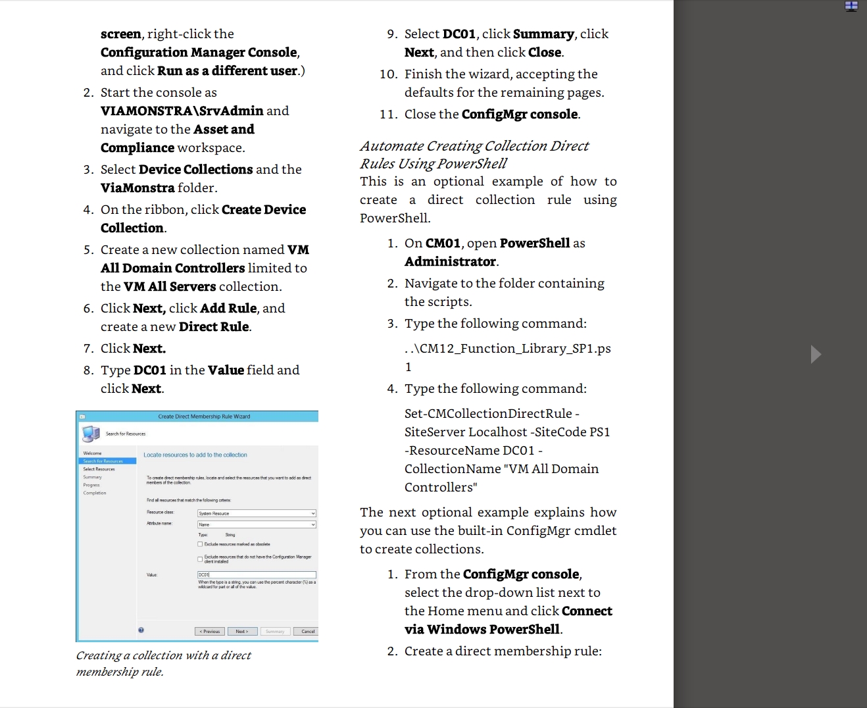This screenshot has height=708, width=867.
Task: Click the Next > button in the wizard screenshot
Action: point(242,632)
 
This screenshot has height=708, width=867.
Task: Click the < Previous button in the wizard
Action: point(210,632)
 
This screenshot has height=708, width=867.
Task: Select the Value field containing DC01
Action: point(257,575)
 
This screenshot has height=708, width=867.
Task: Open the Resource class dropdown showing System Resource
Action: point(257,513)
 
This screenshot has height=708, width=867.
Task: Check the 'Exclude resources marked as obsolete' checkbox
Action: point(200,544)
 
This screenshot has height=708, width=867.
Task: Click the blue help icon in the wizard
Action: point(141,630)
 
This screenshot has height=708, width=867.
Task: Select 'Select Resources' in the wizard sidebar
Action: point(99,469)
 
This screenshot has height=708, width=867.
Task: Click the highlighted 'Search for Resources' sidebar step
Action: point(103,461)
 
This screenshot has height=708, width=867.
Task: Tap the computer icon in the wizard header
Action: point(90,433)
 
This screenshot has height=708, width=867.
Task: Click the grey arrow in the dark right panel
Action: point(816,354)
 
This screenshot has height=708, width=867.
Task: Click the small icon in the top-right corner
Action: point(851,6)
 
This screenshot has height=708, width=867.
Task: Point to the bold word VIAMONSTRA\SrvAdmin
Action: point(182,111)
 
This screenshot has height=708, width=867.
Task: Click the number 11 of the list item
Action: point(388,114)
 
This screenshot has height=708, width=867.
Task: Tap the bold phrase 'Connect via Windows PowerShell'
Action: point(508,620)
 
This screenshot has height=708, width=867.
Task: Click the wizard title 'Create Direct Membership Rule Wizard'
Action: point(204,417)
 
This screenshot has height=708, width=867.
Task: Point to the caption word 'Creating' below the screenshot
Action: point(98,655)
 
